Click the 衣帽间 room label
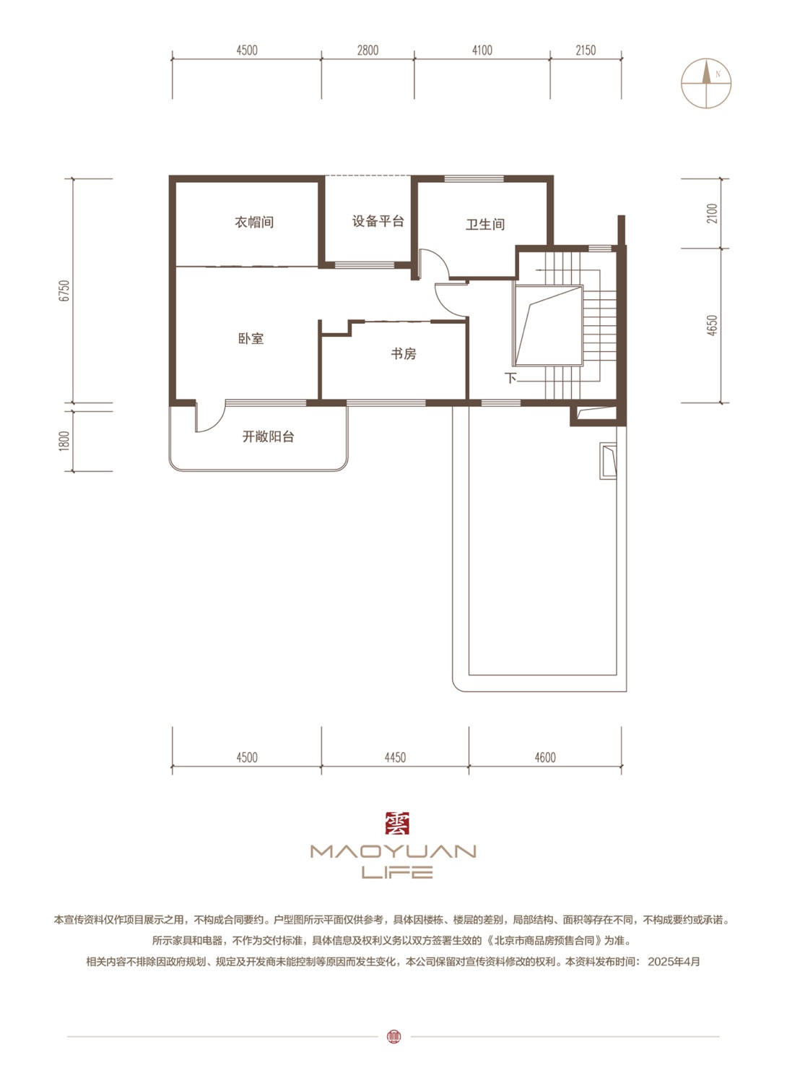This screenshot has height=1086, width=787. click(x=254, y=223)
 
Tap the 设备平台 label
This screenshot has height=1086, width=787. click(x=378, y=222)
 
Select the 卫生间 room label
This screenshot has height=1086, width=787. click(x=485, y=225)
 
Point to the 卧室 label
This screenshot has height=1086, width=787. click(x=251, y=338)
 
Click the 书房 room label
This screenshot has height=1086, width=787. click(x=403, y=354)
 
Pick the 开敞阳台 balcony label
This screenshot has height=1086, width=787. click(x=268, y=437)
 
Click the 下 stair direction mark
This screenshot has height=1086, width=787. click(x=510, y=378)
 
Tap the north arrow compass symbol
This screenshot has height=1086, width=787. click(x=706, y=83)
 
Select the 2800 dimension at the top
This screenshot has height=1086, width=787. click(x=368, y=50)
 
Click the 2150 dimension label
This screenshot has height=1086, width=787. click(x=586, y=50)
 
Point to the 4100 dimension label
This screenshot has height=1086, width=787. click(x=482, y=50)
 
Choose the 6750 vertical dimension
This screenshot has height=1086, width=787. click(x=64, y=290)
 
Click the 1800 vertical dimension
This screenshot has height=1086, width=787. click(x=64, y=441)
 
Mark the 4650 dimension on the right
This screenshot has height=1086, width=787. click(x=711, y=325)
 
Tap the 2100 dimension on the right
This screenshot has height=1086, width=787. click(x=711, y=213)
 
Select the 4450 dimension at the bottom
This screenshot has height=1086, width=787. click(x=395, y=757)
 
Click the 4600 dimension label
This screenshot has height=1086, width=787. click(x=545, y=757)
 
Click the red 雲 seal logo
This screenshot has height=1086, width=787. click(x=397, y=824)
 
